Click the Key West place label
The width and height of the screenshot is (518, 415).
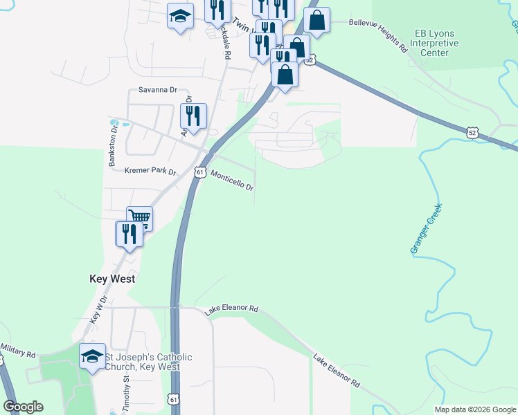[112, 279]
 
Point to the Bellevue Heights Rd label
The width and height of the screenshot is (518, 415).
[377, 35]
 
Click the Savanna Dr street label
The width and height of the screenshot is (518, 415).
[158, 90]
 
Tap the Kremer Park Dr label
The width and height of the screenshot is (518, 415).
[150, 171]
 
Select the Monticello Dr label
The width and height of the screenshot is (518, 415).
[232, 181]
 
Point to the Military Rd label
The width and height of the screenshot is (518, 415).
[18, 349]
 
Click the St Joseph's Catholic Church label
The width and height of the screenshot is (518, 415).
[148, 362]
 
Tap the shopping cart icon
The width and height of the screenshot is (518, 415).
[140, 218]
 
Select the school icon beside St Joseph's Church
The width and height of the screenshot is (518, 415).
[93, 356]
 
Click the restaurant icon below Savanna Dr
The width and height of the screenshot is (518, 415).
[193, 116]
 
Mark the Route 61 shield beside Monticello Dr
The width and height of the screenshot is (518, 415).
[199, 172]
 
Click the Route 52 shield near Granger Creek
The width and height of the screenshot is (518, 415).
[472, 131]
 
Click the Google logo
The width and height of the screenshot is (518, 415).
[23, 407]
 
